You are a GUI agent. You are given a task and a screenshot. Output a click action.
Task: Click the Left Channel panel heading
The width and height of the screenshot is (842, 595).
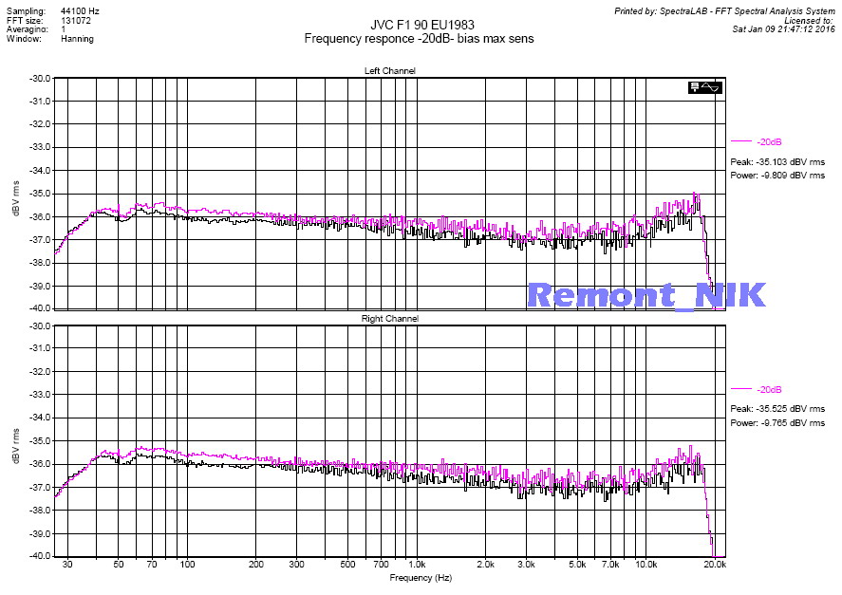point(390,71)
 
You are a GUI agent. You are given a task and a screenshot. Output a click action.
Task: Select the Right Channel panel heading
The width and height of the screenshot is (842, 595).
point(390,319)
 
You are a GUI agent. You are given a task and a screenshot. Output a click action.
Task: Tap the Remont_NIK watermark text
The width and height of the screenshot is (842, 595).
point(646,294)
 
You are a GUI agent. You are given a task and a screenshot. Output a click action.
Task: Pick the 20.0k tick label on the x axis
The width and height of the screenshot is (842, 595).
point(715,565)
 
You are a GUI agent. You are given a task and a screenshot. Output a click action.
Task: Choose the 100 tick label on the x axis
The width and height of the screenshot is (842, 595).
point(187,565)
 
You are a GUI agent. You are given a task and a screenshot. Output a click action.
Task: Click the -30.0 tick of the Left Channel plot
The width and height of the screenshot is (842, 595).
point(41,78)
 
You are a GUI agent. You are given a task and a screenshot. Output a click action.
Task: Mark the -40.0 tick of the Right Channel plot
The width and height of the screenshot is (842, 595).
point(41,557)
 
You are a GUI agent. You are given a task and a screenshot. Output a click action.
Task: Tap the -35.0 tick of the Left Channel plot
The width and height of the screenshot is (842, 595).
point(41,194)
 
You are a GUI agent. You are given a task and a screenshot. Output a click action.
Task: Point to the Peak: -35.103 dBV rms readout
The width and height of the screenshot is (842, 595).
point(777,162)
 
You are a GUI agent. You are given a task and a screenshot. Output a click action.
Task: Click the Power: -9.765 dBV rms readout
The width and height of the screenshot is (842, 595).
point(777,423)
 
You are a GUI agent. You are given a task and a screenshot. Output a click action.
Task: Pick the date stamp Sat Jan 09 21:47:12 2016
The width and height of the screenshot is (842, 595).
point(784,28)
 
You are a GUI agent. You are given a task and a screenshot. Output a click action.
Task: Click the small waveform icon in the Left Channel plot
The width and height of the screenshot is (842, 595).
point(706,87)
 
